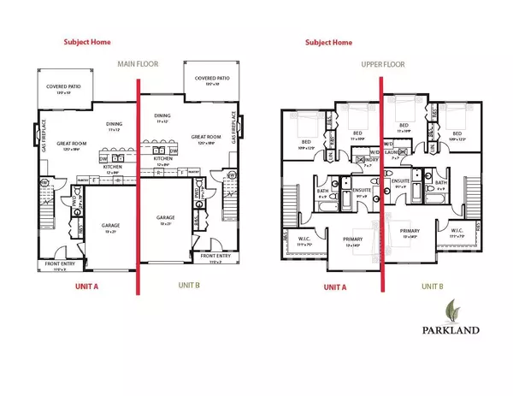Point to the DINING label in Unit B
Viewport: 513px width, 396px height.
pos(164,115)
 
